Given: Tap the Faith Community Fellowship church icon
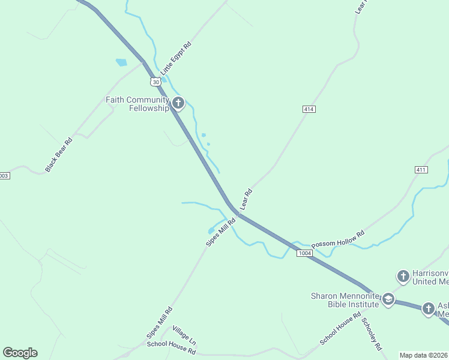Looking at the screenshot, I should coord(178,103).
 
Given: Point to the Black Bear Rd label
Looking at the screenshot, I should coord(59,155).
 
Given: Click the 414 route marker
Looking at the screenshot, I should coord(309,109).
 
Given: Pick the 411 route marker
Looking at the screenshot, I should coord(421,170).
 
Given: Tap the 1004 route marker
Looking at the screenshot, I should coord(305,254).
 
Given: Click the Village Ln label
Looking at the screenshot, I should coord(184,336).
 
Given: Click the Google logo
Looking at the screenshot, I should coord(20,353).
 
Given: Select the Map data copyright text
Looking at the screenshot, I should coord(424,355).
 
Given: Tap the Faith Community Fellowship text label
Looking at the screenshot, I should coord(137,104).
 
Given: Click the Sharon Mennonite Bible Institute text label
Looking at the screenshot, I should coord(345,300).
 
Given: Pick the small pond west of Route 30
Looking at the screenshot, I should coord(121,62).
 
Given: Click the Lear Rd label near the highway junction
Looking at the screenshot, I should coord(246,200).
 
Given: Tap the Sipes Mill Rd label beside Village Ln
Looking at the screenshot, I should coord(159,323).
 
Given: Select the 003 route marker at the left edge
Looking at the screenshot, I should coord(4,176).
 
